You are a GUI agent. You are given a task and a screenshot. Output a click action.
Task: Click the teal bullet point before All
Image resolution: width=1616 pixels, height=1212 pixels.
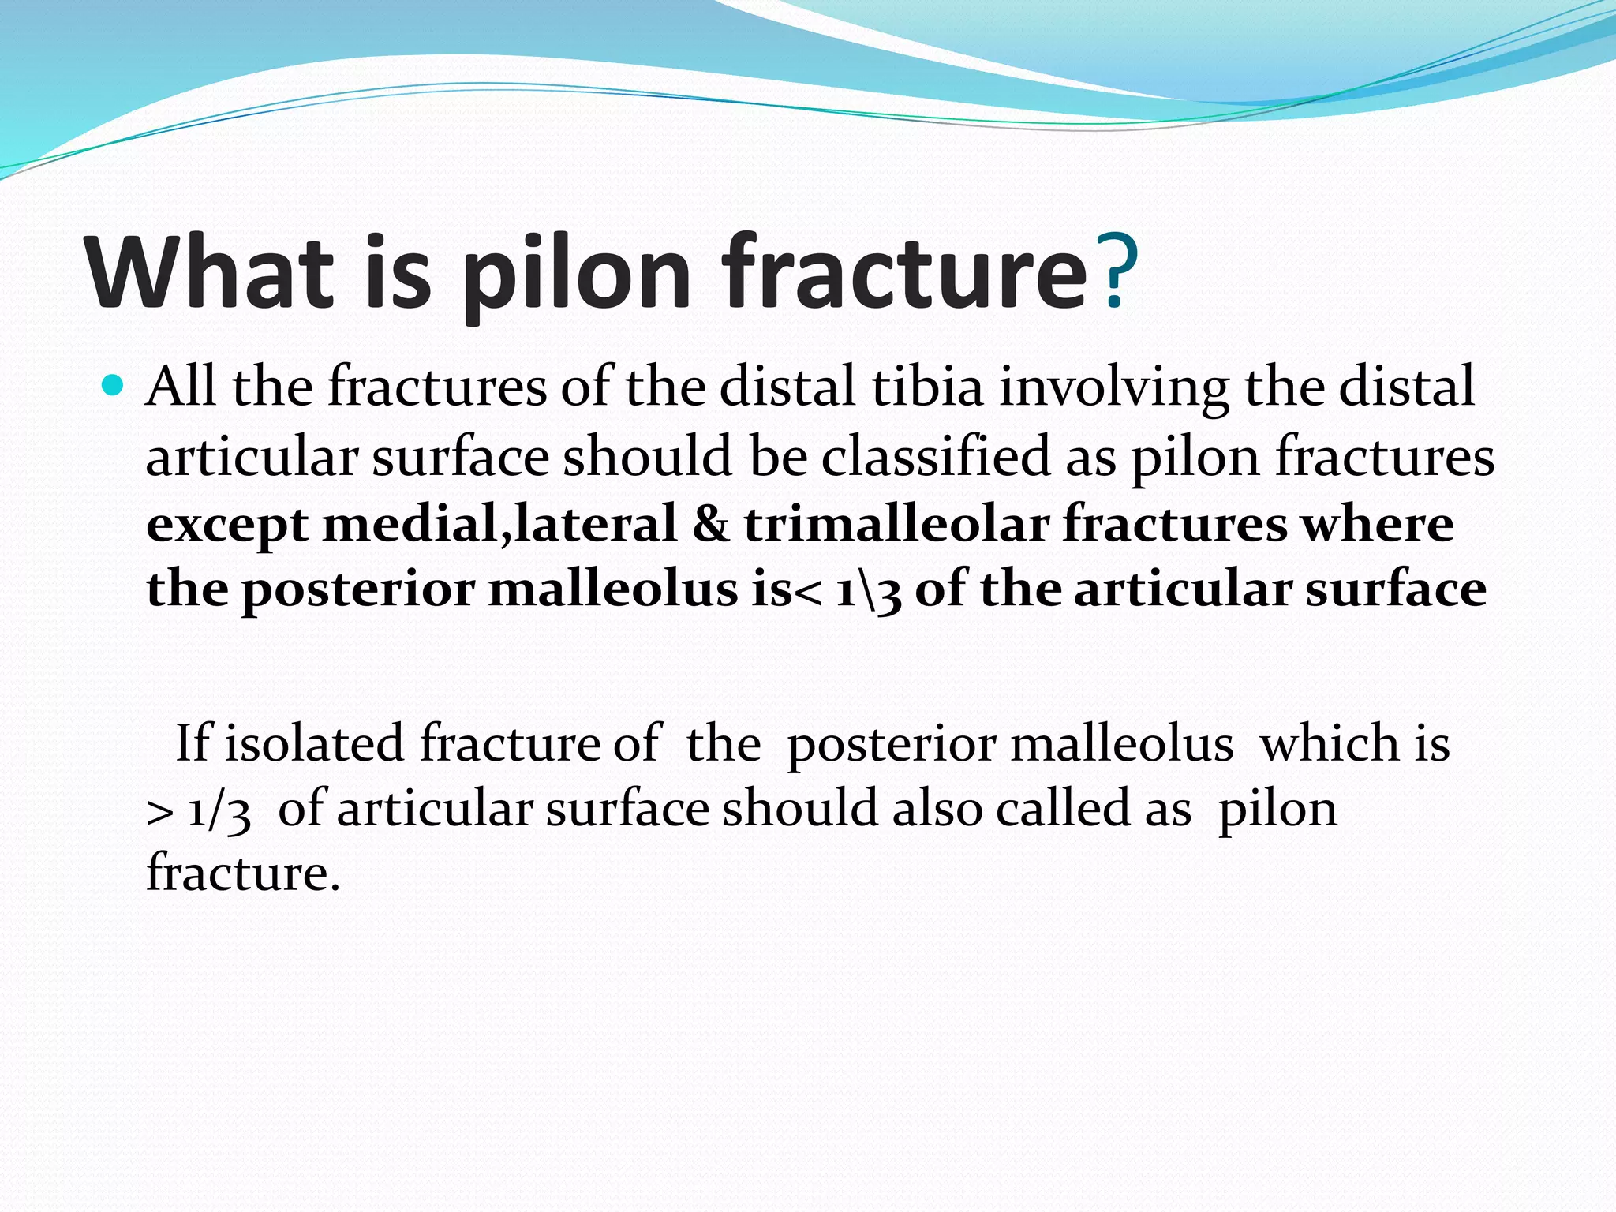coord(114,386)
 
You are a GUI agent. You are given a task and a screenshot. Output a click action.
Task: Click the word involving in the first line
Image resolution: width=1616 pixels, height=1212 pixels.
coord(1114,388)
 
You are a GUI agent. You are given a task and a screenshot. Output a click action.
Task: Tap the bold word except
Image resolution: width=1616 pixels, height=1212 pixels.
coord(227,526)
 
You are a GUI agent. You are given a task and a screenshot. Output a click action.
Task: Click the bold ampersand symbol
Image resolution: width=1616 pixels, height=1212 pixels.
coord(710,524)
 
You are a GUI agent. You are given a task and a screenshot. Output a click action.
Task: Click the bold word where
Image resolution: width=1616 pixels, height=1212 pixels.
coord(1376,524)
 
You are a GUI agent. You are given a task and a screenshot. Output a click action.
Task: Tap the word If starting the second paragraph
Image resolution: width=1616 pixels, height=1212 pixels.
coord(193,743)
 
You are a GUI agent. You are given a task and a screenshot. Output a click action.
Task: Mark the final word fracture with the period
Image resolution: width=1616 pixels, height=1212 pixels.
coord(243,874)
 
